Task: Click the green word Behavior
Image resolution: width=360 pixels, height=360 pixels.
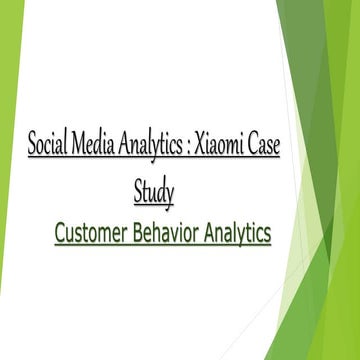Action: point(170,234)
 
